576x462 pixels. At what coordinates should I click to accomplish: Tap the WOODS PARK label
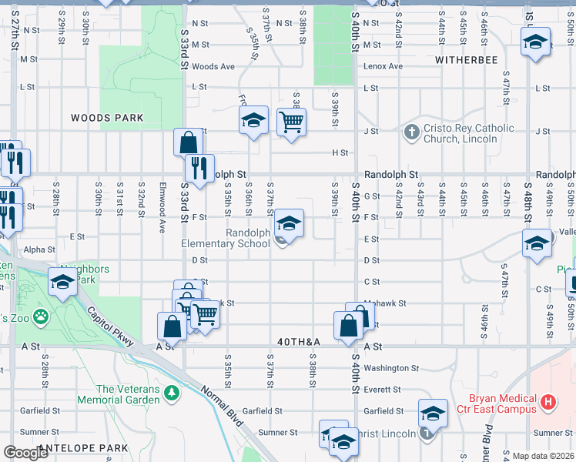point(107,118)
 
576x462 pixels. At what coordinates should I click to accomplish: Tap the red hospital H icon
point(548,401)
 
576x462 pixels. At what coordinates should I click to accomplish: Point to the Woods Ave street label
point(213,67)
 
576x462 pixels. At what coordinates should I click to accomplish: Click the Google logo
point(25,454)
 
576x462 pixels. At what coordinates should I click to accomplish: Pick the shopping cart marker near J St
point(291,122)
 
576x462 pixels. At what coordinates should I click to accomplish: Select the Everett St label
point(384,390)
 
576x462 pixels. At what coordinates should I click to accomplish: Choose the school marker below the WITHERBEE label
point(536,42)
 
